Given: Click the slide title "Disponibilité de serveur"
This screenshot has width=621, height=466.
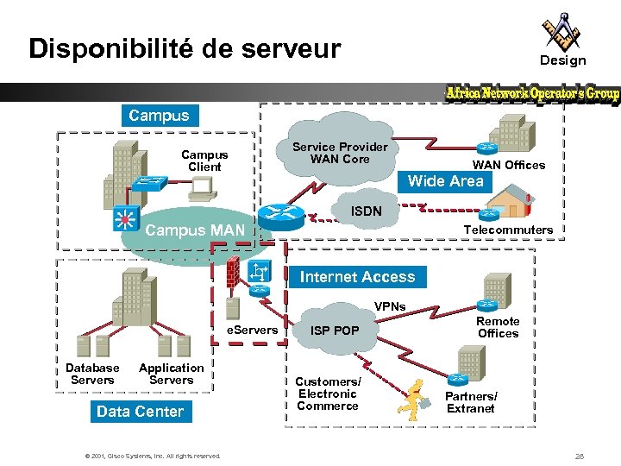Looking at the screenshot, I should [185, 48].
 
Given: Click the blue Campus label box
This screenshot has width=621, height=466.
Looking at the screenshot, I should [159, 115].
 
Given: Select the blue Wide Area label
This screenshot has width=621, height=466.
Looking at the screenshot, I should [445, 181].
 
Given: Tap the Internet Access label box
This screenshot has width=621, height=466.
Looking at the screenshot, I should [357, 277].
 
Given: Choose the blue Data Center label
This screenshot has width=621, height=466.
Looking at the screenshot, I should [140, 412].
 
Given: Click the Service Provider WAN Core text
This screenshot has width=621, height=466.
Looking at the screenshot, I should [340, 153].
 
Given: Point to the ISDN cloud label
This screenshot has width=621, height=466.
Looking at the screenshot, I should [363, 211].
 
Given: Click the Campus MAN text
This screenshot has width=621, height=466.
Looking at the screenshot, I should [195, 230].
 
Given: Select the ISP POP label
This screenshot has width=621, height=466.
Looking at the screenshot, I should [335, 331].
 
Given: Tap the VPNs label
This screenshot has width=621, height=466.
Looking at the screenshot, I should [390, 307].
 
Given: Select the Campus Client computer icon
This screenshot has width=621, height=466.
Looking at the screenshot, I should [204, 186].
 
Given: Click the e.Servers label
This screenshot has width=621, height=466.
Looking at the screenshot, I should [253, 330].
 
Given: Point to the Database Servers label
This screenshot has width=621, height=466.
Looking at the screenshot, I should [92, 374].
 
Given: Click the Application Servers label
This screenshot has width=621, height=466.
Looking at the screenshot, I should [172, 374].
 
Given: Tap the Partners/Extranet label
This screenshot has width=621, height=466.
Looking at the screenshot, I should [471, 402].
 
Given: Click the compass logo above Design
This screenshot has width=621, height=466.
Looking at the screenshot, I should [561, 32].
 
